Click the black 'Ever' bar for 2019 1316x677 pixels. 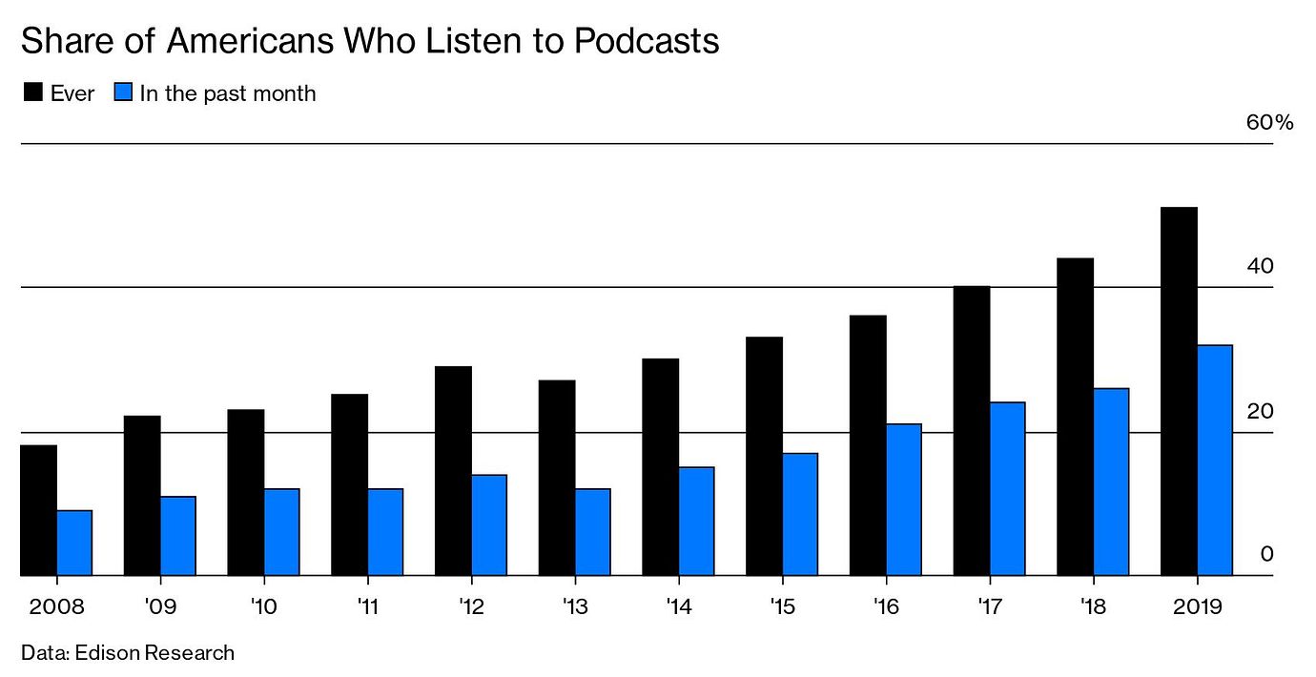[x=1179, y=391]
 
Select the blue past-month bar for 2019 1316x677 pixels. [x=1214, y=461]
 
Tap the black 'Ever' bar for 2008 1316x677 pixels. [x=39, y=510]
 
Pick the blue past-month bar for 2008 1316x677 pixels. [x=74, y=543]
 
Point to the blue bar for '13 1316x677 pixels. [x=592, y=532]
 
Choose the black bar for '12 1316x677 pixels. [x=453, y=471]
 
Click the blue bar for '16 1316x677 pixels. [x=903, y=500]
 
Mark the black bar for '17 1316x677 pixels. [x=971, y=431]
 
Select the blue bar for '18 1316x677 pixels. [x=1111, y=482]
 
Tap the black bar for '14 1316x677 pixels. [x=660, y=467]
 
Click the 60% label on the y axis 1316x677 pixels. [x=1269, y=123]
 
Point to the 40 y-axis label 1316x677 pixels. [x=1260, y=267]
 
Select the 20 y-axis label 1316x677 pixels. [x=1260, y=412]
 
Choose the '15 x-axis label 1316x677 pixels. [x=782, y=606]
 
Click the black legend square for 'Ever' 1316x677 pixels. [x=31, y=93]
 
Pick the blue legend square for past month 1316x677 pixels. [x=122, y=93]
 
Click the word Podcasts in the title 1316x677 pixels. [x=639, y=42]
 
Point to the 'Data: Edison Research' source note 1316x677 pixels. [x=127, y=653]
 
